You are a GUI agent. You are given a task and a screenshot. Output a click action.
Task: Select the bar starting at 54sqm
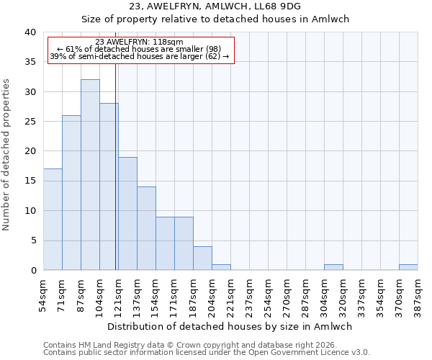tap(53, 220)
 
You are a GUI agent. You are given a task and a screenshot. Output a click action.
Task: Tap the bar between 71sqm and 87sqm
tap(71, 193)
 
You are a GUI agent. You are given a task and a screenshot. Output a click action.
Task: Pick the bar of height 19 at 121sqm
tap(127, 214)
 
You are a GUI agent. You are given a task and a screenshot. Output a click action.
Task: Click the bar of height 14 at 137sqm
tap(146, 228)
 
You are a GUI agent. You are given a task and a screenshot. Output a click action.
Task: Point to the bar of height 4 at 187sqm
tap(202, 258)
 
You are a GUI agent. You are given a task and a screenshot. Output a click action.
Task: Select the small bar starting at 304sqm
tap(333, 267)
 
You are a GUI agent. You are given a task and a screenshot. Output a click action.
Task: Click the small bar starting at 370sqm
tap(408, 267)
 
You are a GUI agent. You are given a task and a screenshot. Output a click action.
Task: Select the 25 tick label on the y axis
tap(30, 122)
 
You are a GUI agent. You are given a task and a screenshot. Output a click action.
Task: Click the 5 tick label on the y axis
tap(32, 240)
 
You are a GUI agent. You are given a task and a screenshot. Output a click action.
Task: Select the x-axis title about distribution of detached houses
tap(234, 326)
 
